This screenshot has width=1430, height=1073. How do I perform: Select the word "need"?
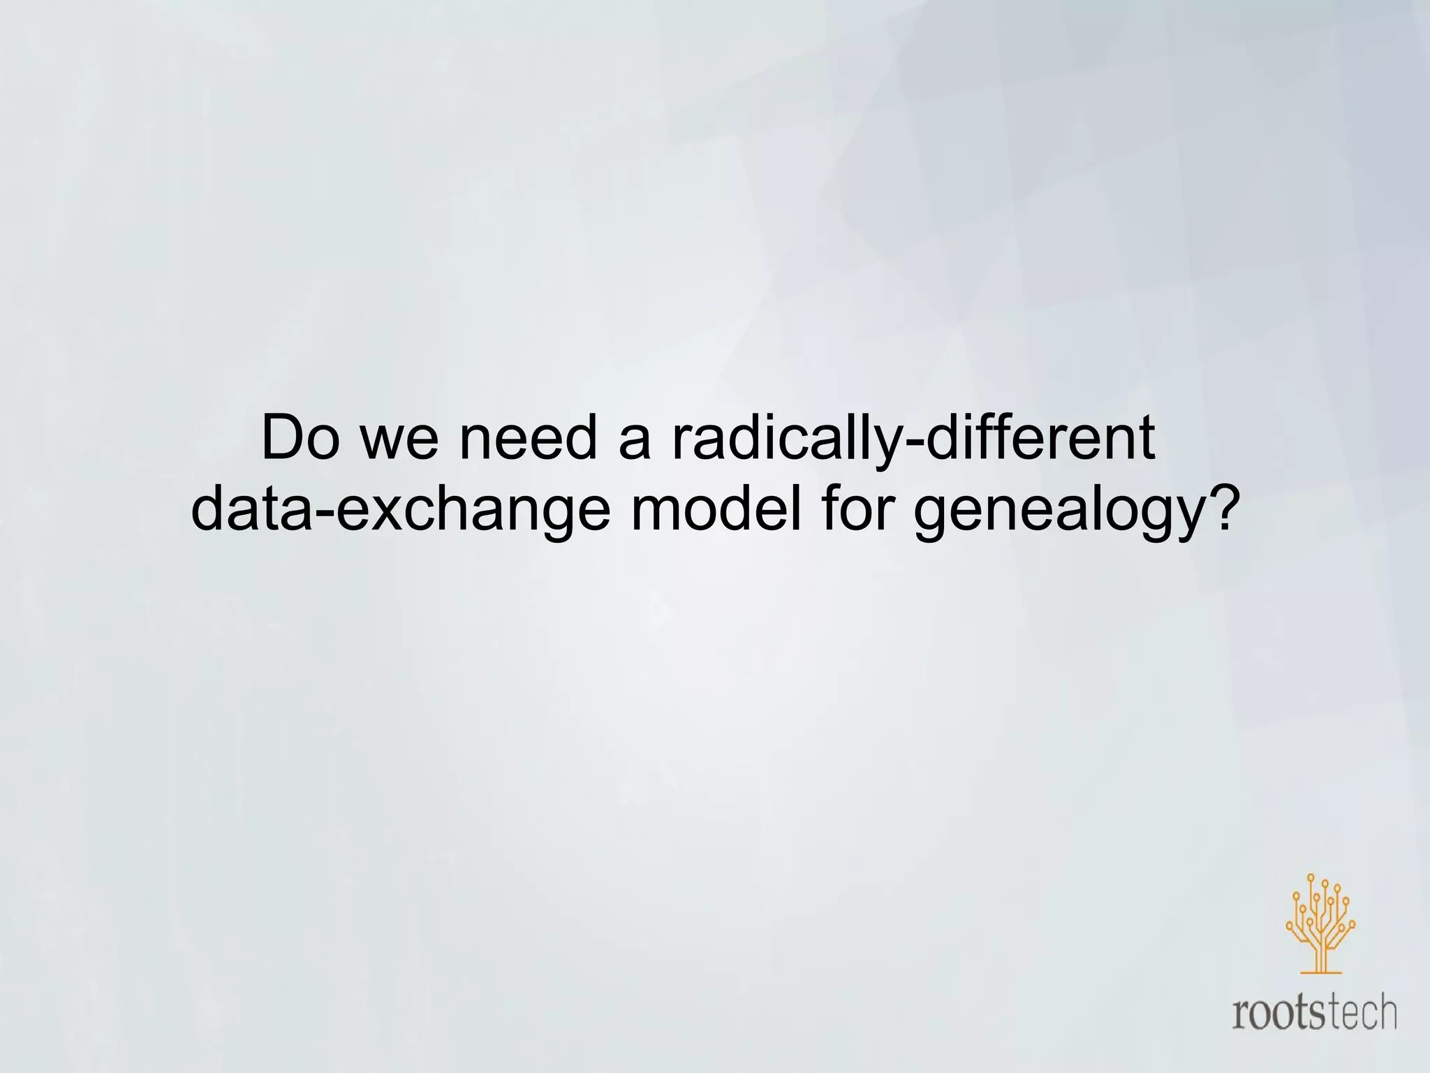click(x=529, y=439)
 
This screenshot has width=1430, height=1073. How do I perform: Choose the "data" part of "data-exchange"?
click(x=251, y=510)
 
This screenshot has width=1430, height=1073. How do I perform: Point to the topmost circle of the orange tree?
click(x=1311, y=878)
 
